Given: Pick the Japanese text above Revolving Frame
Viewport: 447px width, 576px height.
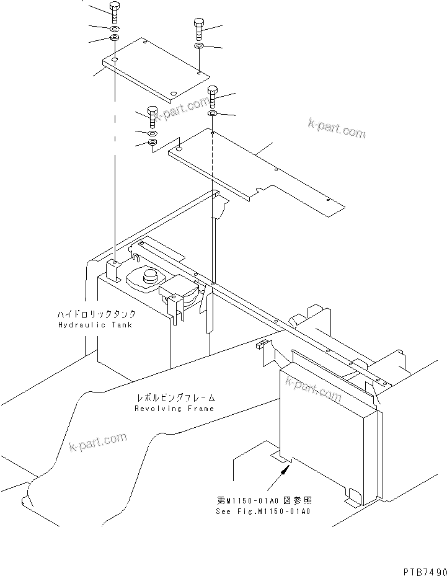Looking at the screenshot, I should (175, 399).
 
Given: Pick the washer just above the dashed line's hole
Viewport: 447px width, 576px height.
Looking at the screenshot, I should (212, 114).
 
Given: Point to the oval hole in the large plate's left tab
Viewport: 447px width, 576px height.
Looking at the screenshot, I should (179, 149).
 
